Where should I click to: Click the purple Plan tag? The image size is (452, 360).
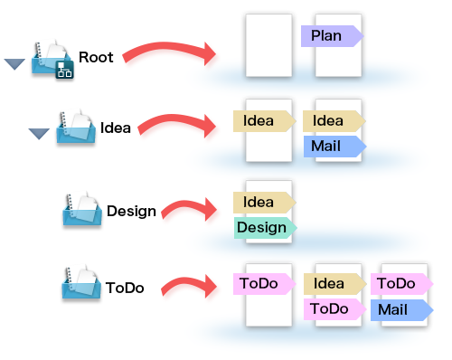click(333, 36)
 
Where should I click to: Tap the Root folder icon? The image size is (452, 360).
click(52, 59)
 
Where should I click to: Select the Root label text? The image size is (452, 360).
click(96, 57)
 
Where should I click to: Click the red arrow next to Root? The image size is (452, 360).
click(169, 51)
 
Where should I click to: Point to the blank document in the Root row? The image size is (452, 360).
click(268, 45)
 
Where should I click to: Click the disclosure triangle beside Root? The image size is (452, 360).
click(14, 64)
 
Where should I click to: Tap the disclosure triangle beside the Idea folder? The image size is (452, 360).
click(39, 134)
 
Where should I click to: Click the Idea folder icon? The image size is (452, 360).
click(76, 127)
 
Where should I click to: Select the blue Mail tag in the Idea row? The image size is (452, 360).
click(335, 147)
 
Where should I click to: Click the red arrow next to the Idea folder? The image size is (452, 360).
click(177, 122)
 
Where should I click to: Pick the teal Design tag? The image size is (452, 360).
click(266, 228)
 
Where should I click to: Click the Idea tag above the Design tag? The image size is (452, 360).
click(265, 203)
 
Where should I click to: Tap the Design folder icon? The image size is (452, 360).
click(82, 209)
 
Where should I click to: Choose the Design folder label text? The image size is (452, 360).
click(131, 212)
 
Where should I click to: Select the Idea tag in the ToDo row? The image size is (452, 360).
click(335, 284)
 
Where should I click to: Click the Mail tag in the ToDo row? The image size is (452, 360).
click(402, 310)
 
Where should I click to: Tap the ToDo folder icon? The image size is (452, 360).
click(81, 282)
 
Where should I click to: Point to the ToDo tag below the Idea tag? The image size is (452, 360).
click(335, 309)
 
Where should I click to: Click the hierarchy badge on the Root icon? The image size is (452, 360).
click(64, 70)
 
